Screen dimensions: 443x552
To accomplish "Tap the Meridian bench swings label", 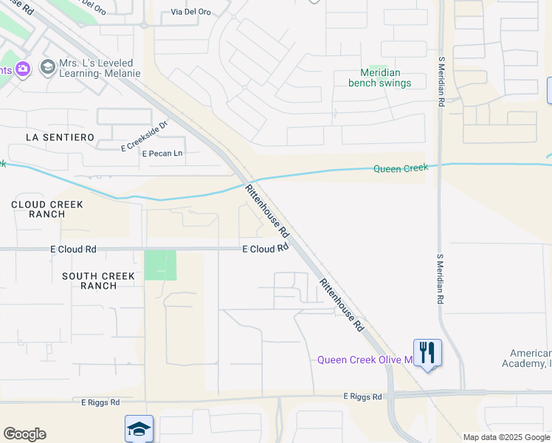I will (380, 78).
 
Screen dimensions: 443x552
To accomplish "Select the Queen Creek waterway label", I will (400, 168).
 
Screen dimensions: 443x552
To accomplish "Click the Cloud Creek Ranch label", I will (47, 209).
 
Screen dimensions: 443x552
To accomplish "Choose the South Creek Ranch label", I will (98, 281).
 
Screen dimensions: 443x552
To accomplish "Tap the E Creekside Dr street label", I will (145, 145).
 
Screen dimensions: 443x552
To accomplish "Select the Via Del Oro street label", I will (192, 13).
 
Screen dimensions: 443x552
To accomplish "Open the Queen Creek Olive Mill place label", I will (364, 360).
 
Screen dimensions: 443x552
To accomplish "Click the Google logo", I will (24, 434).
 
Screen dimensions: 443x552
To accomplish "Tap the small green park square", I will (160, 265).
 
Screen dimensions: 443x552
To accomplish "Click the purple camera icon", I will (23, 69).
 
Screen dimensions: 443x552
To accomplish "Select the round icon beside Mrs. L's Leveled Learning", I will (49, 68).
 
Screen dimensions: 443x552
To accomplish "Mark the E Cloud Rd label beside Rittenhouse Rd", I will (264, 250).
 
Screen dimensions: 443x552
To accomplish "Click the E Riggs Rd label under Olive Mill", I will (362, 397).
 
